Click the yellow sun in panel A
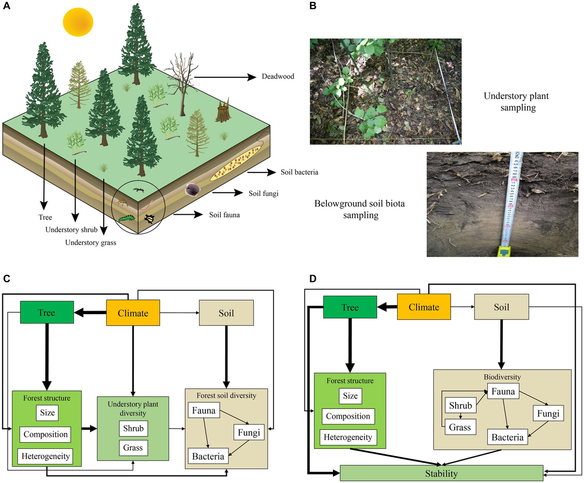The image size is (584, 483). pos(78,23)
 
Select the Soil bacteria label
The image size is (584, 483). pos(299,172)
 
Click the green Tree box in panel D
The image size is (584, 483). pos(350,308)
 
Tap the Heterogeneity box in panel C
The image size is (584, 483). pos(44,456)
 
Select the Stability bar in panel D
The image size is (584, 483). pos(441,473)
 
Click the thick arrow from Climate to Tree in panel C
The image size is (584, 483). pos(90,313)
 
